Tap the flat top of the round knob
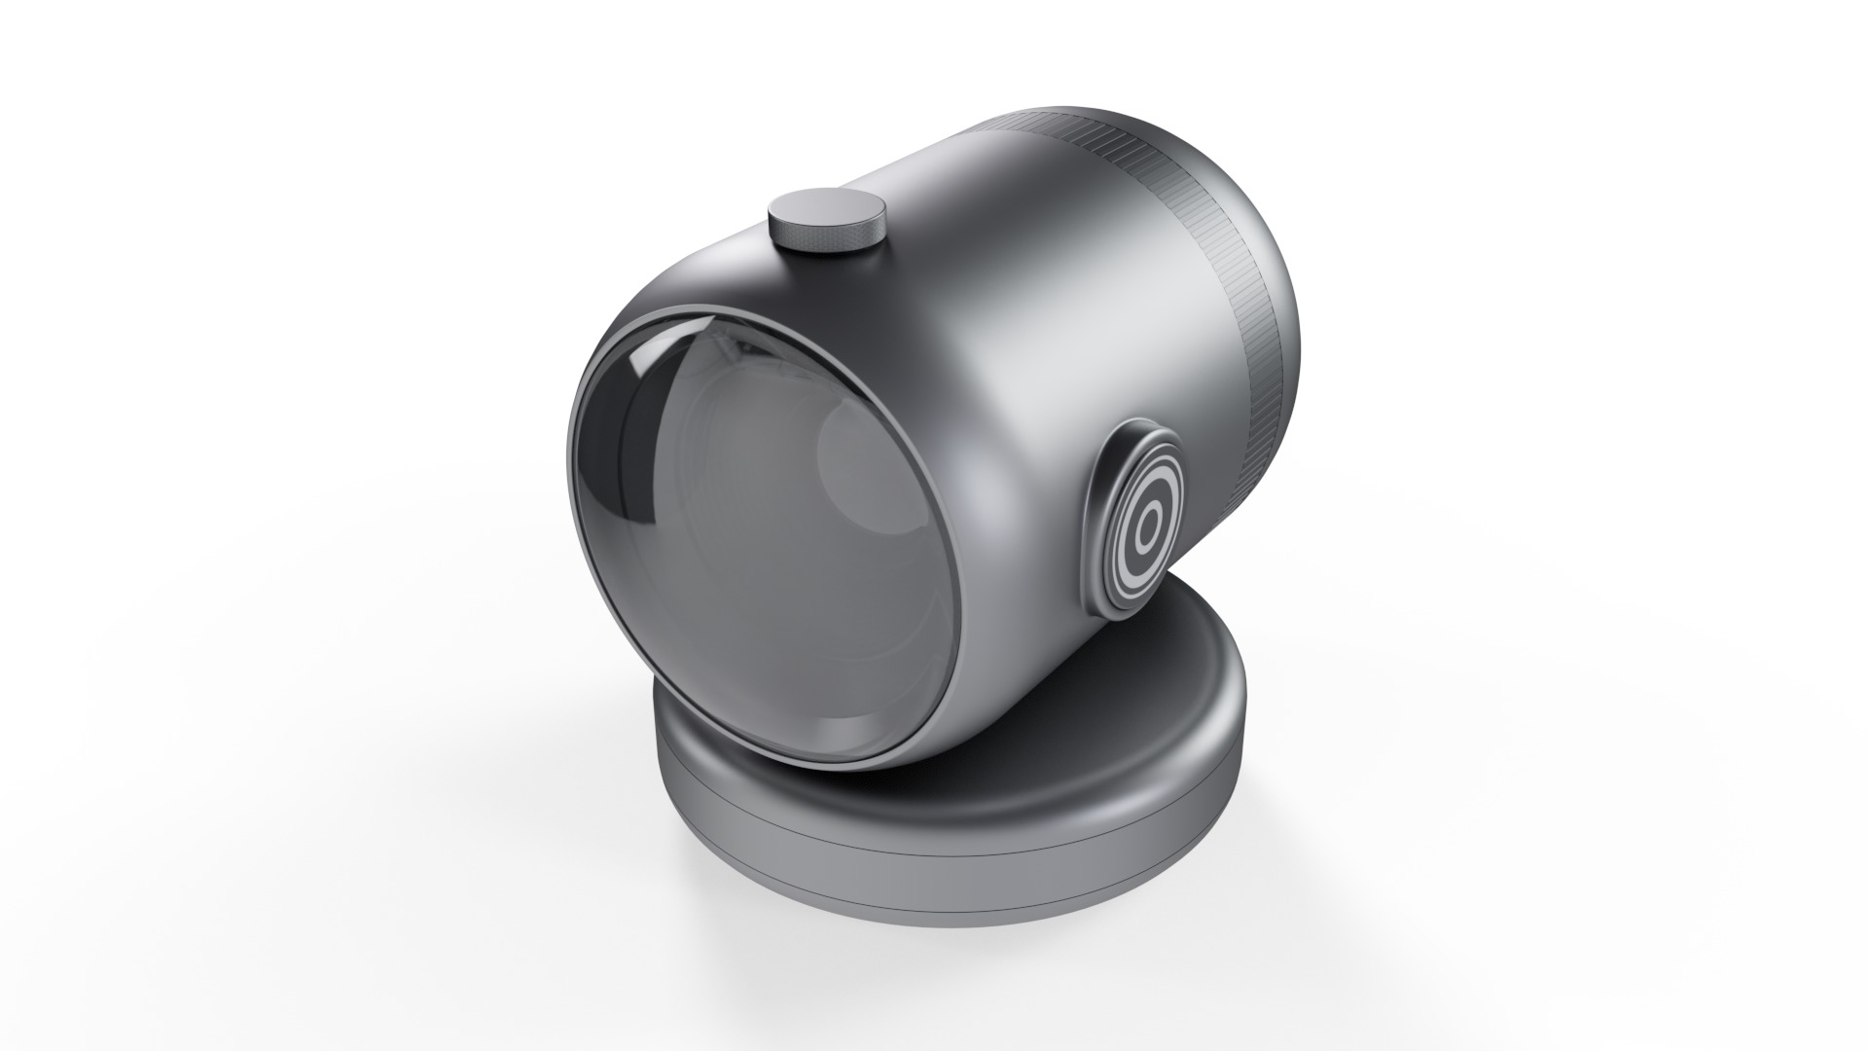828,209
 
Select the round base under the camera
934,827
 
